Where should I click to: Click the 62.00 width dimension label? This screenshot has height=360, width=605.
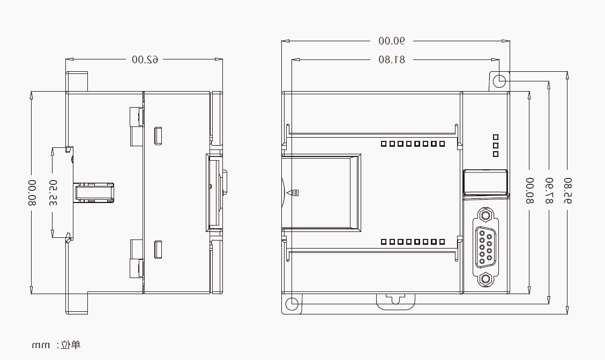145,59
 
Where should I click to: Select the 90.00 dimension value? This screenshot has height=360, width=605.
392,41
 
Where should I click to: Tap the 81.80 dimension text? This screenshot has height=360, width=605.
392,59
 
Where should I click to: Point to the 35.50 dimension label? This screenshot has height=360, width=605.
53,192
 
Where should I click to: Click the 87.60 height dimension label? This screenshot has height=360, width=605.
549,191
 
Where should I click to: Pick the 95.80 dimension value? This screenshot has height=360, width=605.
567,191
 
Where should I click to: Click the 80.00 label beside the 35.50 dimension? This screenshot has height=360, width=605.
32,192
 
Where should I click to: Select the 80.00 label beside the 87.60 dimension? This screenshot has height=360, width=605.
529,191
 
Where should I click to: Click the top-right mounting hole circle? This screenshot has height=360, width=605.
499,81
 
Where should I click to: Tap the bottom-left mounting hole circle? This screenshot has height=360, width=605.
292,304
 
